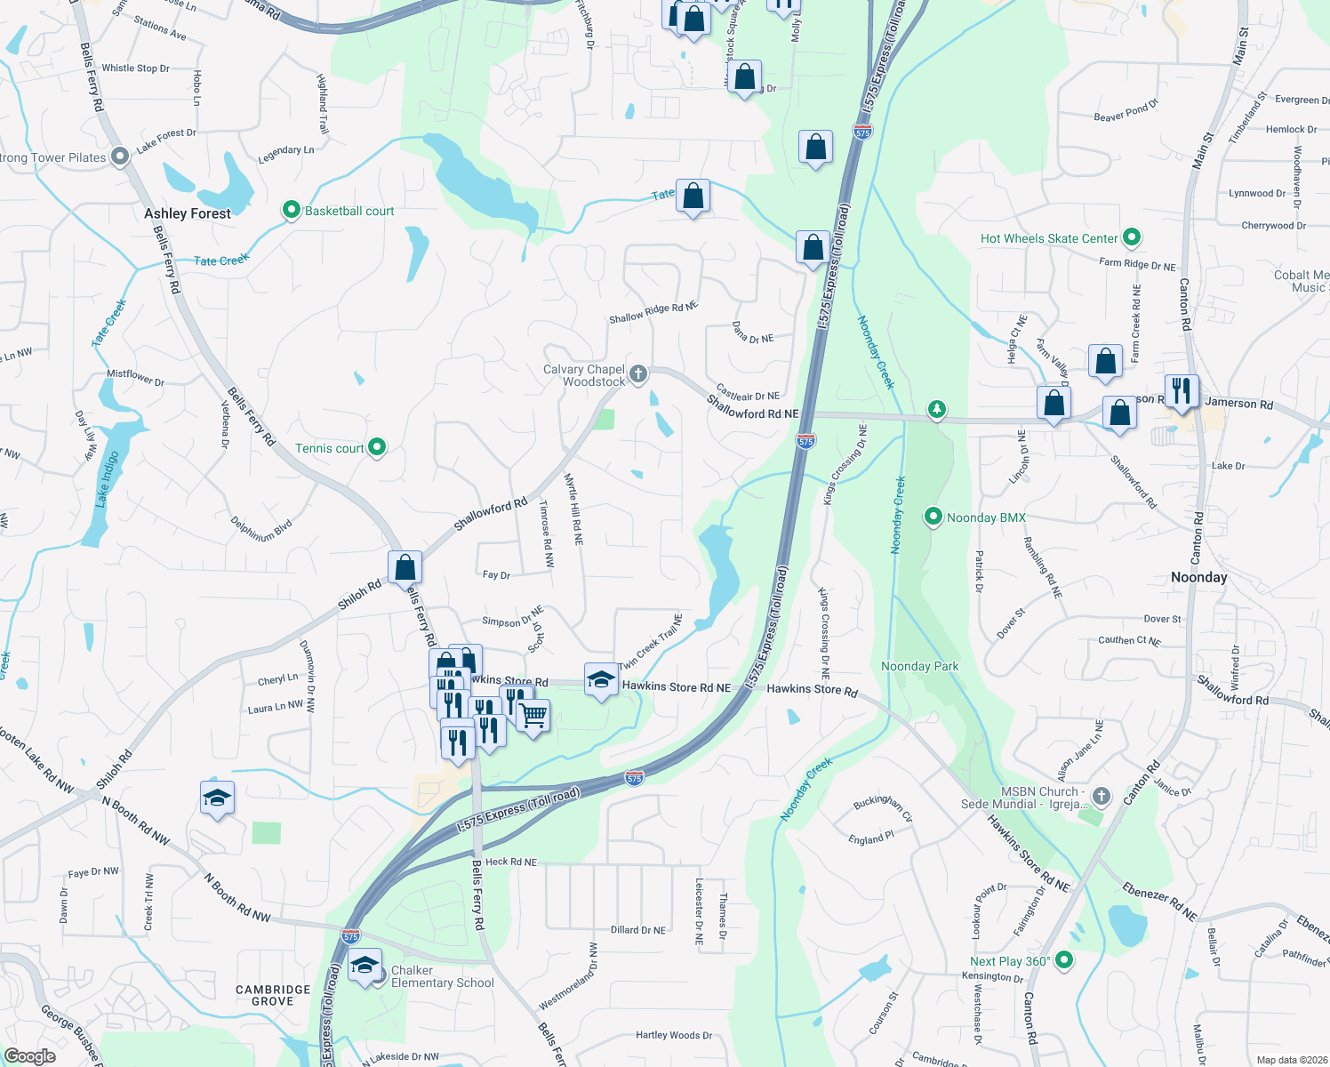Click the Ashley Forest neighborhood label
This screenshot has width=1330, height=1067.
[187, 213]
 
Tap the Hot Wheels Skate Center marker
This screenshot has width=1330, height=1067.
[1132, 237]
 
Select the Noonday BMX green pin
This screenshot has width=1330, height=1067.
[933, 517]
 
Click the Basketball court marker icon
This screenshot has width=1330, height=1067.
[291, 211]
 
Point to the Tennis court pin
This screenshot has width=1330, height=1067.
[377, 447]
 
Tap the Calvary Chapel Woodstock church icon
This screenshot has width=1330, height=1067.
[638, 374]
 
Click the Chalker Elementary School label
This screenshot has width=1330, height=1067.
[442, 976]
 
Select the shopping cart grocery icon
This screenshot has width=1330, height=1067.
[533, 715]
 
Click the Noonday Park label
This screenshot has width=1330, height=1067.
[919, 666]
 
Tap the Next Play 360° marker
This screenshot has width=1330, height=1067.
[1064, 960]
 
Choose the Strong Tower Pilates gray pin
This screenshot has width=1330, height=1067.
[119, 157]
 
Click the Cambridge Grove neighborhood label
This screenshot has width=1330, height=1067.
[273, 995]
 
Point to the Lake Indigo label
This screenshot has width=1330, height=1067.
[108, 478]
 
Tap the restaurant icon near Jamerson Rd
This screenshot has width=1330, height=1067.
[1182, 390]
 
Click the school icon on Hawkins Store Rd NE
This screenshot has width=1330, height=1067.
[601, 680]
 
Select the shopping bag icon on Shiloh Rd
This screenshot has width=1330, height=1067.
[405, 566]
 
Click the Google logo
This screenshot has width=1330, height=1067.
[30, 1055]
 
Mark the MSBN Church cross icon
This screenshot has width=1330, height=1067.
[1102, 796]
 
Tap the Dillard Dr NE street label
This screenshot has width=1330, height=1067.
[637, 930]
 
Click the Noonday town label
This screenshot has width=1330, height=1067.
[1198, 577]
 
